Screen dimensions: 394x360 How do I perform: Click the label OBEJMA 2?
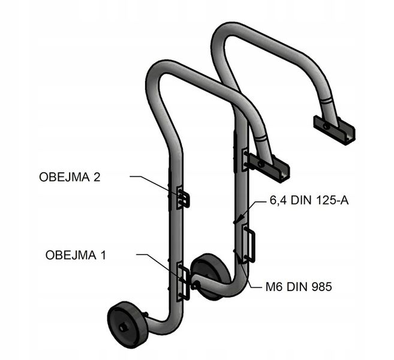tap(70, 177)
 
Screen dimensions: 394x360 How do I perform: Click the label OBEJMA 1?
tap(76, 255)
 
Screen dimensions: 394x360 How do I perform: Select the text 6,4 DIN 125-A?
tap(309, 200)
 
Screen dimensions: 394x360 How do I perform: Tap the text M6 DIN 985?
tap(299, 287)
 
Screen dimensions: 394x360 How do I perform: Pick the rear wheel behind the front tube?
tap(210, 276)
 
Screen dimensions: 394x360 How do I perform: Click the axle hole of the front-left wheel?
tap(123, 328)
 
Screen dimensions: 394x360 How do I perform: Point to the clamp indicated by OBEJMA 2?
tap(183, 198)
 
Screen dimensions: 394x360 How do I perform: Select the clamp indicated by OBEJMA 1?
tap(183, 281)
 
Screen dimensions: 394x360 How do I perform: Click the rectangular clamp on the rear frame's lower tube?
tap(248, 244)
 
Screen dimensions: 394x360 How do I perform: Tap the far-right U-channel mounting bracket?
tap(334, 130)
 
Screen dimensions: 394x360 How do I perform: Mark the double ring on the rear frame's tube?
tap(326, 100)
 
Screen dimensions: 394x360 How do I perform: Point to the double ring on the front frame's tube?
tap(261, 139)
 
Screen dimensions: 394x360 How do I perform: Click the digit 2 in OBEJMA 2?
tap(97, 177)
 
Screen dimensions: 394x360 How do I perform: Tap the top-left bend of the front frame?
tap(157, 73)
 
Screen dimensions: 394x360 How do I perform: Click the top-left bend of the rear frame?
tap(222, 35)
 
